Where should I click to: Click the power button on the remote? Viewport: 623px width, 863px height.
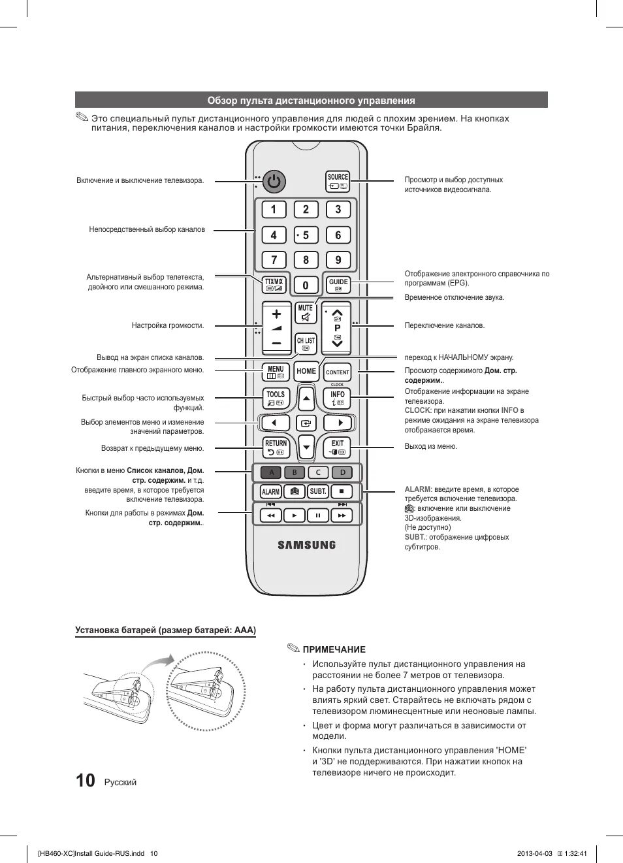tap(274, 182)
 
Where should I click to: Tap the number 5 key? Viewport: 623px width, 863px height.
tap(306, 235)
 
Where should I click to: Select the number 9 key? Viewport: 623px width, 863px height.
tap(338, 260)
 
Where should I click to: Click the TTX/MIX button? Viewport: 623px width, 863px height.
tap(274, 284)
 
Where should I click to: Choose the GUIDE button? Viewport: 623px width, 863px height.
tap(338, 284)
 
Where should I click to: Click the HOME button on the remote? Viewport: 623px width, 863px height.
tap(306, 371)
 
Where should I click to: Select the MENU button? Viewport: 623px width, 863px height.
tap(276, 372)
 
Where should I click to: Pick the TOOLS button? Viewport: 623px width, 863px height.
tap(276, 398)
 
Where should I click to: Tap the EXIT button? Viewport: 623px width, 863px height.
tap(337, 447)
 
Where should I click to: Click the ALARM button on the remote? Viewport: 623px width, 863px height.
tap(270, 491)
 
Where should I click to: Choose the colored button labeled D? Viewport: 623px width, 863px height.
tap(342, 472)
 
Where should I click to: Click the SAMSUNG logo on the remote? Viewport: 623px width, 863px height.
tap(306, 545)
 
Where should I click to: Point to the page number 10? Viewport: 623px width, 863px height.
tap(85, 781)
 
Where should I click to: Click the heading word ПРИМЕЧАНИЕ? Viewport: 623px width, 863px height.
tap(334, 649)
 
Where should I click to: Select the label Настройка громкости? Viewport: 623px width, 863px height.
tap(168, 325)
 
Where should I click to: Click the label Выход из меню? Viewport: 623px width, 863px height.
tap(431, 446)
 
